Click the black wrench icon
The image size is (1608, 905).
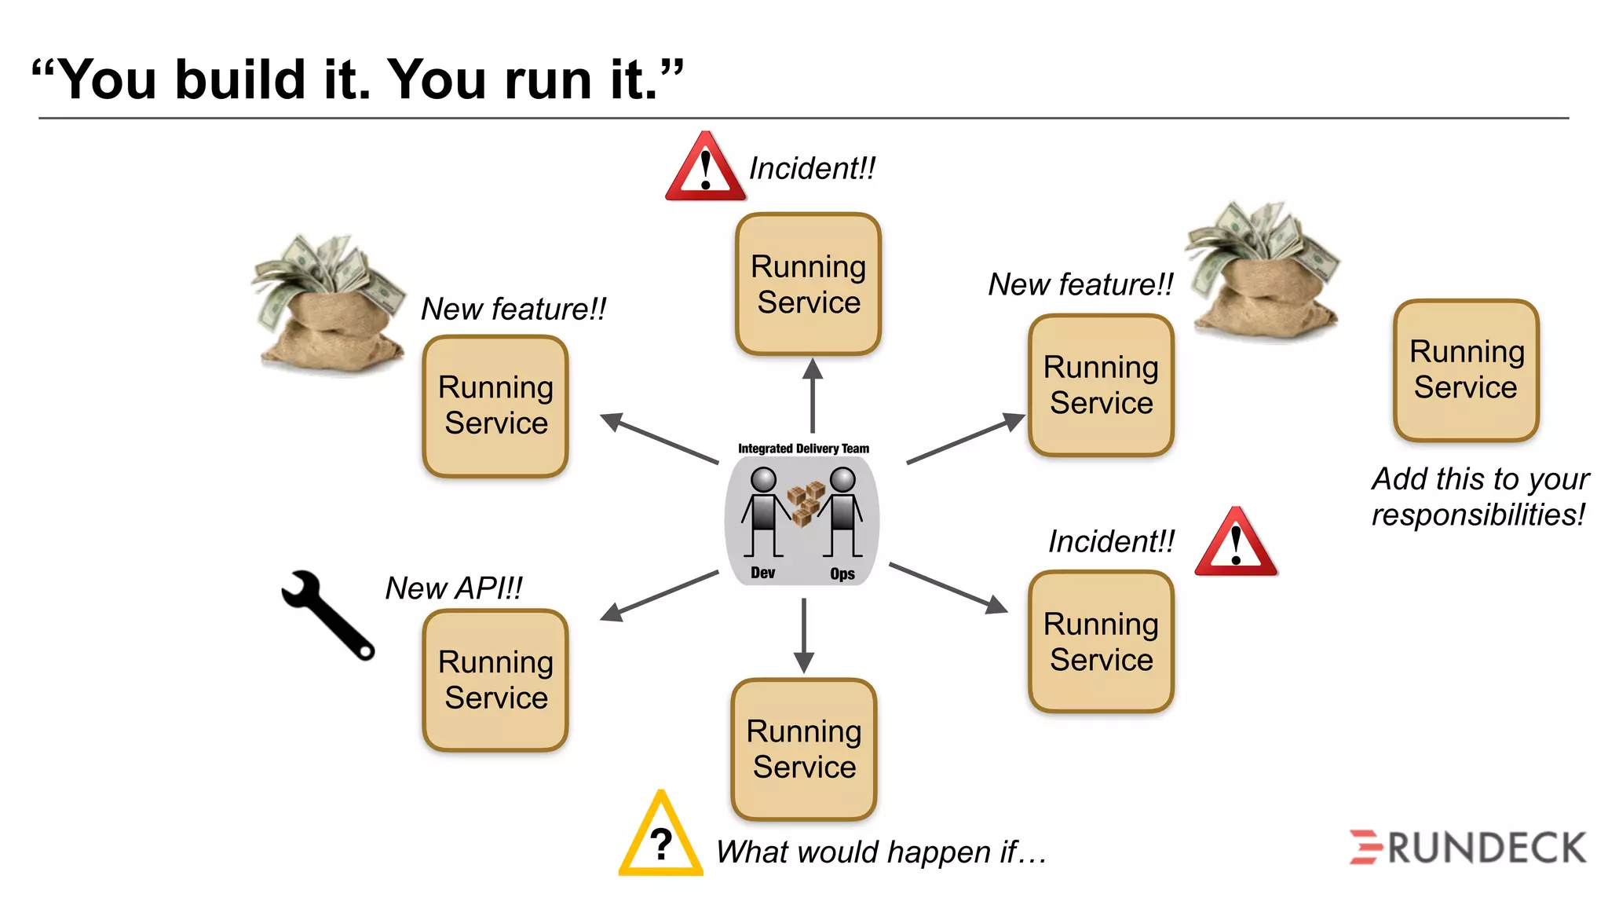[x=326, y=614]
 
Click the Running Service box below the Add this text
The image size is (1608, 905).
[x=1466, y=370]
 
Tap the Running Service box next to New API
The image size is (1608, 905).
[x=495, y=680]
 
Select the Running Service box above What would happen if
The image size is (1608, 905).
[x=804, y=749]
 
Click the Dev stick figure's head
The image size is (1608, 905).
[x=763, y=479]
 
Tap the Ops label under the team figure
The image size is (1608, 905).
[x=842, y=574]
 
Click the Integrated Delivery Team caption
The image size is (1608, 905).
[x=803, y=449]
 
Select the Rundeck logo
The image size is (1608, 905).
[x=1467, y=848]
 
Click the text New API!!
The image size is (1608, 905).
[x=454, y=588]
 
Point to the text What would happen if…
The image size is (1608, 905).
[x=881, y=852]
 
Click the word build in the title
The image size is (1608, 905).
[x=240, y=80]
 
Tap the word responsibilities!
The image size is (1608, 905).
[x=1478, y=515]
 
